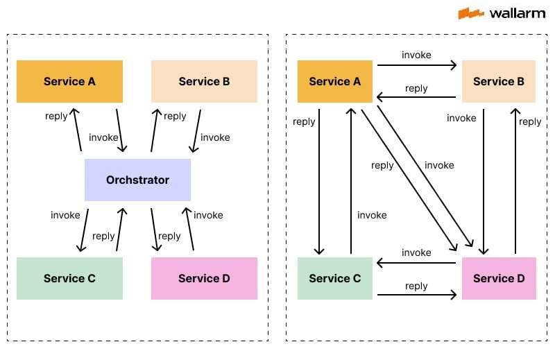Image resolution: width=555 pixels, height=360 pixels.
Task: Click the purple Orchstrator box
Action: [x=137, y=180]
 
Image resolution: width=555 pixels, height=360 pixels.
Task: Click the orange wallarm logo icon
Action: [x=470, y=13]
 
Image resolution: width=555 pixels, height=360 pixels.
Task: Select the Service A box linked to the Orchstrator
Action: [x=69, y=81]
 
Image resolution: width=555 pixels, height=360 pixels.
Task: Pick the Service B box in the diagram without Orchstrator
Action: [x=498, y=81]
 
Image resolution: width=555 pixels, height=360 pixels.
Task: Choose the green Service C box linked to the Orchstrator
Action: [x=69, y=278]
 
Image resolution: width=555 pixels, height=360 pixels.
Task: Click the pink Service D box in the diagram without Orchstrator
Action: [x=498, y=278]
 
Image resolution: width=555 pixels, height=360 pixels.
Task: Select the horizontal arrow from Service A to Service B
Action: [x=416, y=66]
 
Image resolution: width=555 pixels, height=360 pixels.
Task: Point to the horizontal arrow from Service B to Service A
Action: [x=416, y=98]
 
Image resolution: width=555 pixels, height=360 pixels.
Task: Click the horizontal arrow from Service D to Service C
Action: [x=416, y=263]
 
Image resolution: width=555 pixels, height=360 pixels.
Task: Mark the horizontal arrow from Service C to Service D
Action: [x=416, y=295]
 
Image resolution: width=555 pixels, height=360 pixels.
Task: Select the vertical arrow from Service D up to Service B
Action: [x=515, y=180]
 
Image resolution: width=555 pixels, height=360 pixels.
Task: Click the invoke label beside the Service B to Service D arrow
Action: [x=461, y=118]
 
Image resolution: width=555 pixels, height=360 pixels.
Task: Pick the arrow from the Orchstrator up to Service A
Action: [x=77, y=130]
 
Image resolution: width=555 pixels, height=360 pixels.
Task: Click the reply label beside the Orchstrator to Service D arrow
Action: [x=169, y=236]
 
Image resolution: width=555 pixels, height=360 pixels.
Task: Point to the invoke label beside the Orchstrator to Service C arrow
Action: [x=65, y=215]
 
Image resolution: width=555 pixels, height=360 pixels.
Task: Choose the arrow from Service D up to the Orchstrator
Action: [x=189, y=228]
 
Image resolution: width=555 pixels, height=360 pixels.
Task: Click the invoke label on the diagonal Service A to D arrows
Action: [x=439, y=165]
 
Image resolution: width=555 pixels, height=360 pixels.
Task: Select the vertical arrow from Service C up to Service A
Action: [x=351, y=180]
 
